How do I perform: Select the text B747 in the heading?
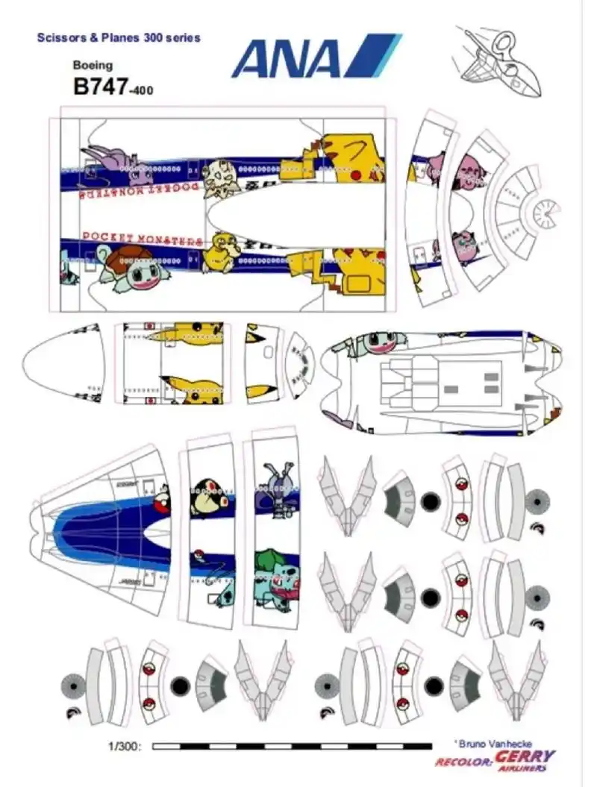coord(100,86)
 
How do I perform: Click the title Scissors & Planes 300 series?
coord(119,37)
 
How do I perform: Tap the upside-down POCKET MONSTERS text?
coord(142,191)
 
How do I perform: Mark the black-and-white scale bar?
coord(292,745)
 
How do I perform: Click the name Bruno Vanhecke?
coord(490,743)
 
